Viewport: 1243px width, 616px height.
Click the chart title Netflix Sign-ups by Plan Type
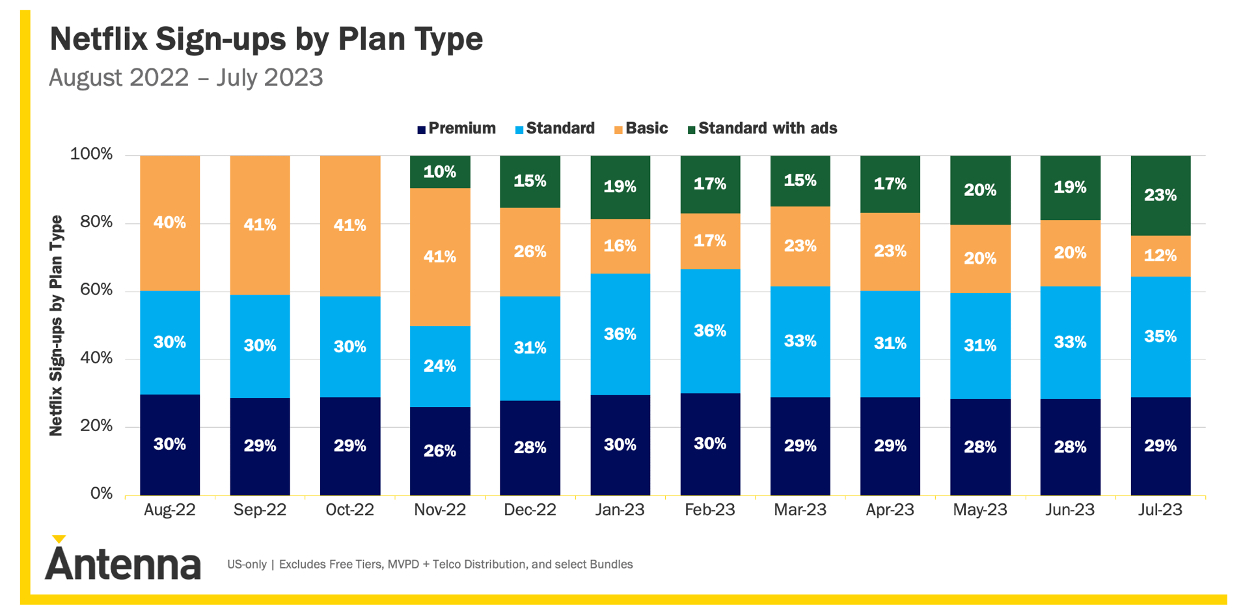point(266,39)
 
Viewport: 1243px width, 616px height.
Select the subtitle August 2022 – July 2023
point(186,77)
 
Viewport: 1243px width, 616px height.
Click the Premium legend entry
point(456,128)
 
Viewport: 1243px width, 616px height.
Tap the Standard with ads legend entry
point(762,128)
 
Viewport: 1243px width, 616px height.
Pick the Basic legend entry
point(641,128)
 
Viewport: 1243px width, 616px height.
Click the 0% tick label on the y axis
point(102,494)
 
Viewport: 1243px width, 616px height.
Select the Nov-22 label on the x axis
point(440,510)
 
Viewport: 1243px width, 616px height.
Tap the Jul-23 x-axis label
point(1160,510)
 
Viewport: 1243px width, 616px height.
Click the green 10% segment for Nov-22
point(440,172)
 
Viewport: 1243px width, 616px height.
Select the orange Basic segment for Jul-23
point(1161,256)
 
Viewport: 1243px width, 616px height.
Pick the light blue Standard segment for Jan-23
point(620,334)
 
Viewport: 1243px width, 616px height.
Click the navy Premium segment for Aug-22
point(170,445)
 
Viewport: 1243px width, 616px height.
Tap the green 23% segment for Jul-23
point(1161,195)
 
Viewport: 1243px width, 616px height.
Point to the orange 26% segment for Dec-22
point(530,252)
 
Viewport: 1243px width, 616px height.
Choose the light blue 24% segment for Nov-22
point(440,367)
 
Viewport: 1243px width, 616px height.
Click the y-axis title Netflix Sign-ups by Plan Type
point(57,326)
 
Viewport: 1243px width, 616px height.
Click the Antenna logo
point(123,558)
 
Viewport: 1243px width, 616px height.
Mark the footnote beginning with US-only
point(430,565)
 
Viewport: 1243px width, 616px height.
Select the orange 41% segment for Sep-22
point(260,225)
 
